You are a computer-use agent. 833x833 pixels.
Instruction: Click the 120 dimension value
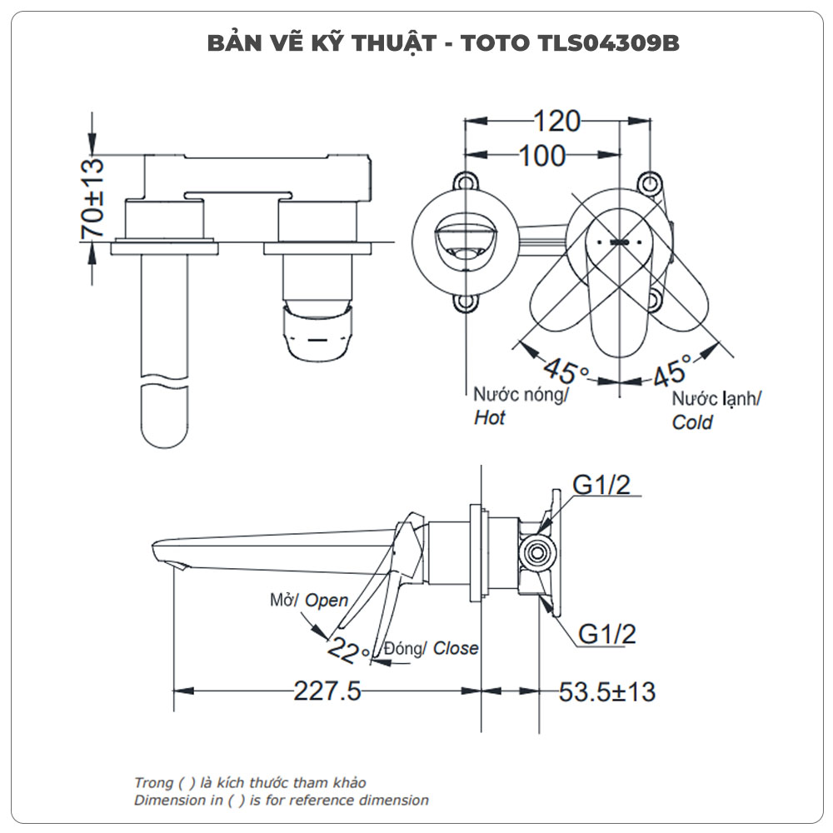tap(556, 122)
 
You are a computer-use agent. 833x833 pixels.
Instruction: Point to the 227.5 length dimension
tap(327, 691)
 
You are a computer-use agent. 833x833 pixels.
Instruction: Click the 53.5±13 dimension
tap(607, 691)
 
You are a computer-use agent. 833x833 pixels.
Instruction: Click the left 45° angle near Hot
tap(566, 368)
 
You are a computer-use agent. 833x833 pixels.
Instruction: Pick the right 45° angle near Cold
tap(672, 368)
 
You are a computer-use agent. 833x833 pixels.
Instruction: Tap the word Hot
tap(490, 418)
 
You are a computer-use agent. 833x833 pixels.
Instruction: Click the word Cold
tap(692, 422)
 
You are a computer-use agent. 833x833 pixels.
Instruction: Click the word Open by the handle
tap(327, 600)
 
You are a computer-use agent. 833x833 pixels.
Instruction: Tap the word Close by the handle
tap(456, 648)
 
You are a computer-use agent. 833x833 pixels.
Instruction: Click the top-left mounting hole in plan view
tap(464, 182)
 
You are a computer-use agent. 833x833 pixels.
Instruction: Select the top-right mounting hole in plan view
tap(650, 182)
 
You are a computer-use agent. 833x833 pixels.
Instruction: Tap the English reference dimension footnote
tap(282, 801)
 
